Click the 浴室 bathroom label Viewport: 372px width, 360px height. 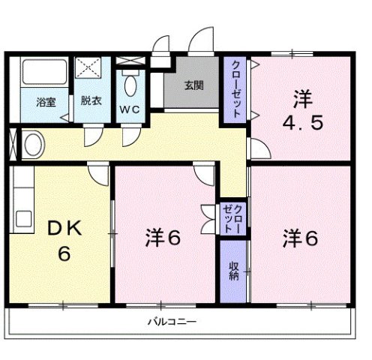46,102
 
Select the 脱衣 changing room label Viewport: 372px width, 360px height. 91,102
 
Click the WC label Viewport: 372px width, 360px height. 131,109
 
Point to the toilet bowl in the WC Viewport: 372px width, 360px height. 131,84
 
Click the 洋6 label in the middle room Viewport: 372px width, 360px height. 163,238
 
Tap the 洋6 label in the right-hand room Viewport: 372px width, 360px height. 301,238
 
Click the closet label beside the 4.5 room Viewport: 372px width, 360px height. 235,88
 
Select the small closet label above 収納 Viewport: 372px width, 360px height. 233,217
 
